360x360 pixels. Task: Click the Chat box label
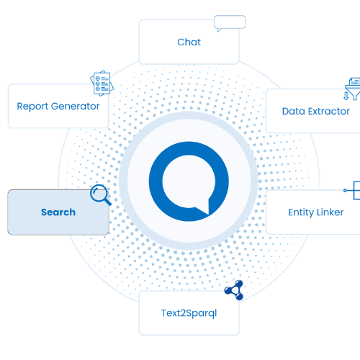pyautogui.click(x=189, y=42)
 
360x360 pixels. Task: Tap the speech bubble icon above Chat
pyautogui.click(x=230, y=22)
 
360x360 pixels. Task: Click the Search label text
pyautogui.click(x=58, y=212)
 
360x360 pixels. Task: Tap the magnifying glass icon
pyautogui.click(x=99, y=194)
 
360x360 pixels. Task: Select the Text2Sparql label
pyautogui.click(x=189, y=313)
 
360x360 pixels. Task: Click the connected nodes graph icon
pyautogui.click(x=233, y=290)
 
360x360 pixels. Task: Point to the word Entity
pyautogui.click(x=302, y=212)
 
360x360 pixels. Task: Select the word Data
pyautogui.click(x=294, y=111)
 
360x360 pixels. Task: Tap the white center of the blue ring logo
pyautogui.click(x=188, y=177)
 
